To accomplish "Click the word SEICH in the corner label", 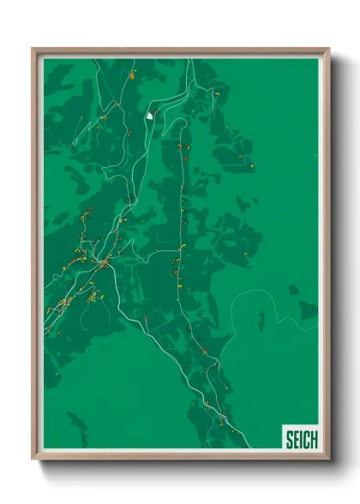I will pos(301,440).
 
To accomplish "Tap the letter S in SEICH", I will pos(290,440).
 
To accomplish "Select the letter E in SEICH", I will pos(297,440).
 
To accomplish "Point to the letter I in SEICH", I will pos(302,440).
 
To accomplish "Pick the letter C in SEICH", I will pos(306,440).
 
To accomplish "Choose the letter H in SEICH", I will pos(314,440).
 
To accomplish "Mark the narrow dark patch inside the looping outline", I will pos(261,321).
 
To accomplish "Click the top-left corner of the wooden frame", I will pos(33,49).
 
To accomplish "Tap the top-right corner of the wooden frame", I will pos(328,49).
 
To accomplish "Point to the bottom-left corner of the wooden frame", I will pos(33,459).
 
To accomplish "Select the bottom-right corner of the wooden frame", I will pos(328,459).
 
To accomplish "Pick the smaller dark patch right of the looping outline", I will pos(294,290).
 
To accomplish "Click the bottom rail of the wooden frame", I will pos(180,456).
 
